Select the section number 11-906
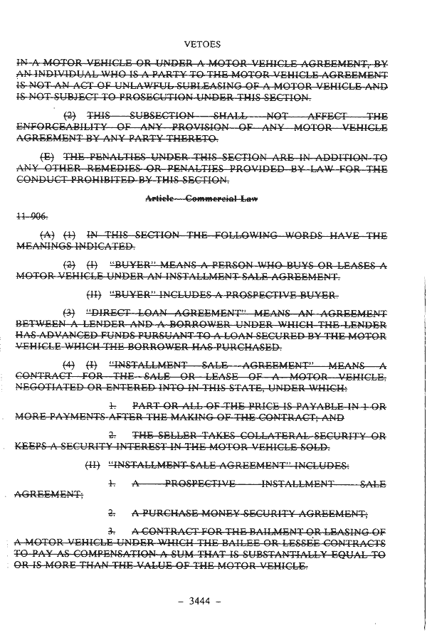[x=26, y=215]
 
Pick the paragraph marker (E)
[x=48, y=156]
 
